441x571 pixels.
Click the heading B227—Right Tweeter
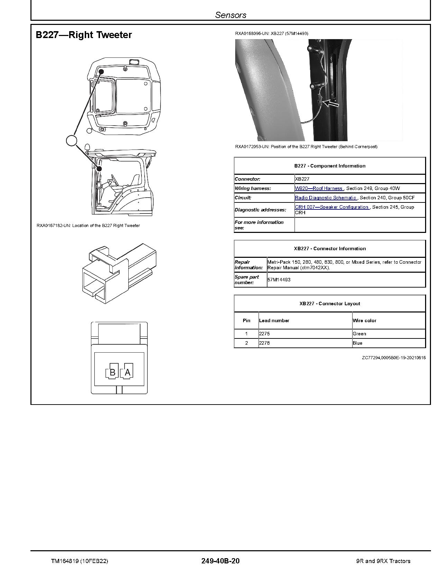coord(84,35)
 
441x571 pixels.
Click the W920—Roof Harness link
coord(319,188)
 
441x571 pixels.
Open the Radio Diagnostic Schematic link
coord(326,198)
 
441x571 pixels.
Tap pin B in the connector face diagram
coord(112,372)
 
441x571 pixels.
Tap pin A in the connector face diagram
coord(127,372)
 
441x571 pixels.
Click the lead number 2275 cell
coord(265,334)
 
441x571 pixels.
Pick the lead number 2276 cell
coord(265,343)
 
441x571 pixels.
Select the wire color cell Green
coord(359,334)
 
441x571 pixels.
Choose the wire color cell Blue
coord(358,343)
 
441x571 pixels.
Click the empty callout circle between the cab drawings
coord(72,141)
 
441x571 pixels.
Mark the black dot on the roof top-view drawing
coord(101,72)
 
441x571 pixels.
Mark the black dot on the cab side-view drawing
coord(99,169)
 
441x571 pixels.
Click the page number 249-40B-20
coord(220,561)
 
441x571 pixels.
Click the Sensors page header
coord(231,15)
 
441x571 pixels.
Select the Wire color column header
coord(365,320)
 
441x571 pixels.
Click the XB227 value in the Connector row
coord(302,179)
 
